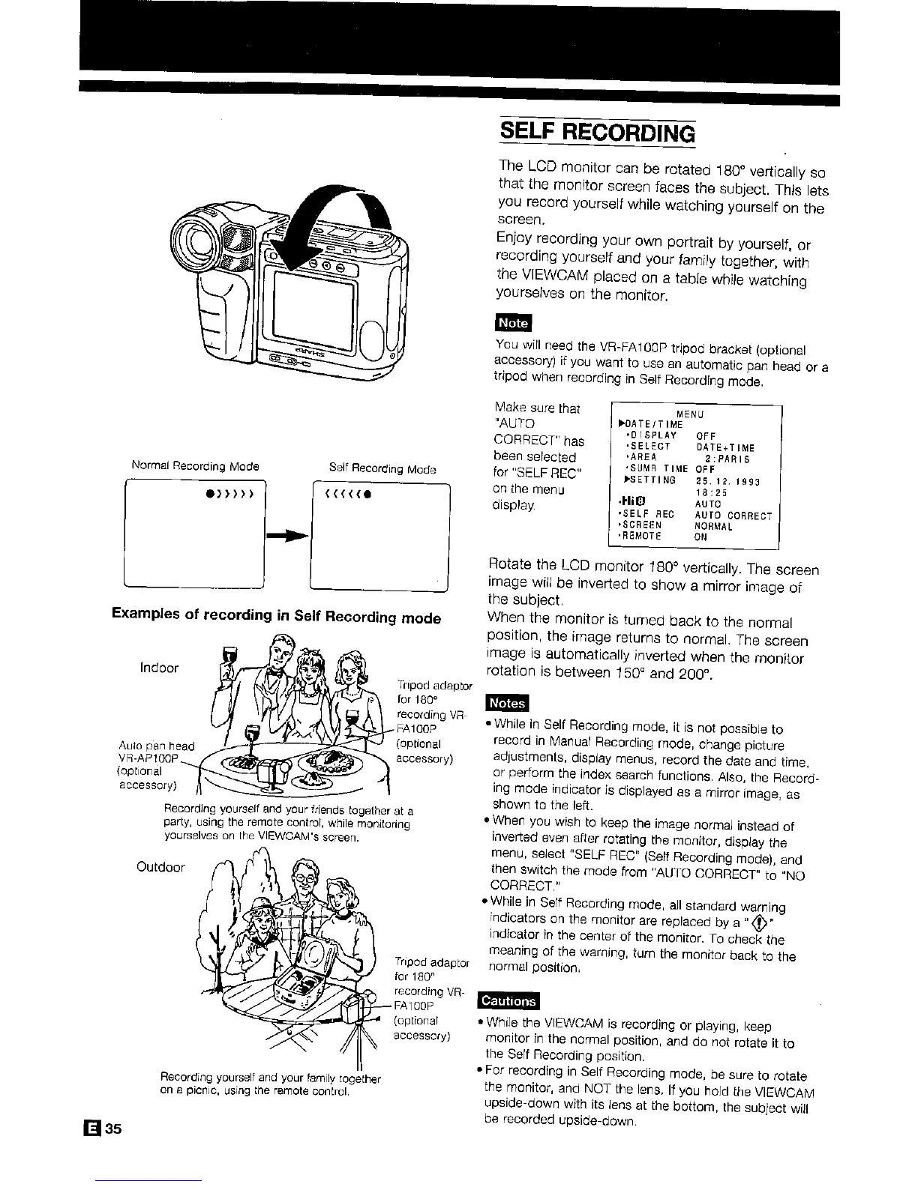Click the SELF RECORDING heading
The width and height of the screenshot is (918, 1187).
click(597, 133)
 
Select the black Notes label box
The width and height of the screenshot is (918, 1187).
click(508, 703)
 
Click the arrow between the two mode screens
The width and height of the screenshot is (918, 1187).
click(287, 536)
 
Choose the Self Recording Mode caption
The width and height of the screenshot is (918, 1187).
click(382, 468)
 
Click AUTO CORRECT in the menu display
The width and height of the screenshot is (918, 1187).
click(733, 515)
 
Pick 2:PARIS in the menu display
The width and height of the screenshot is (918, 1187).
click(725, 459)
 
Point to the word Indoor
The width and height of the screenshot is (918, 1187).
click(159, 667)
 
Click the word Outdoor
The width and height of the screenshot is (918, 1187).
click(160, 867)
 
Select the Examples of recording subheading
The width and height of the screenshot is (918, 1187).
click(276, 617)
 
